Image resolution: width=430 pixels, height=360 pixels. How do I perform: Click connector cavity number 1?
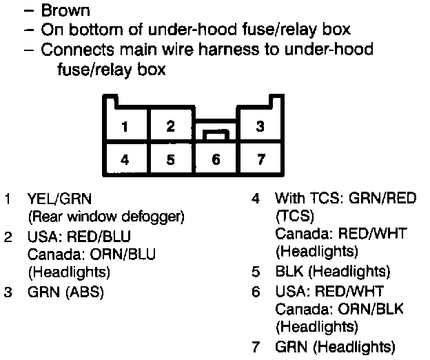[125, 127]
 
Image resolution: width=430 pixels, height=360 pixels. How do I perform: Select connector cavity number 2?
[170, 126]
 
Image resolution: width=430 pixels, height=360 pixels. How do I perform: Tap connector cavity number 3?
[260, 127]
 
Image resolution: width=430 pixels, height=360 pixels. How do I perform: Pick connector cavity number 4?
[125, 160]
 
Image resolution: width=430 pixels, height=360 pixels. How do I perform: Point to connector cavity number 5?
[170, 160]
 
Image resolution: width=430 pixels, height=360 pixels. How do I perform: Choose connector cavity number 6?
[216, 160]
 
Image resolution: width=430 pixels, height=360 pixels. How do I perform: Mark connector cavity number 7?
[260, 160]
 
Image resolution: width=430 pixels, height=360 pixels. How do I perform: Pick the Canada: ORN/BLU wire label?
[92, 254]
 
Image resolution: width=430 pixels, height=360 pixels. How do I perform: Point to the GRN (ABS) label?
[65, 291]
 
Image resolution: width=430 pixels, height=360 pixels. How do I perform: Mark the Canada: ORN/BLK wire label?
[340, 308]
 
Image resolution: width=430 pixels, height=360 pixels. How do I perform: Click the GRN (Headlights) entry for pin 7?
[335, 346]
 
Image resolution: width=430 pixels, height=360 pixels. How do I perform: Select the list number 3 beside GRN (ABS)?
[8, 291]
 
